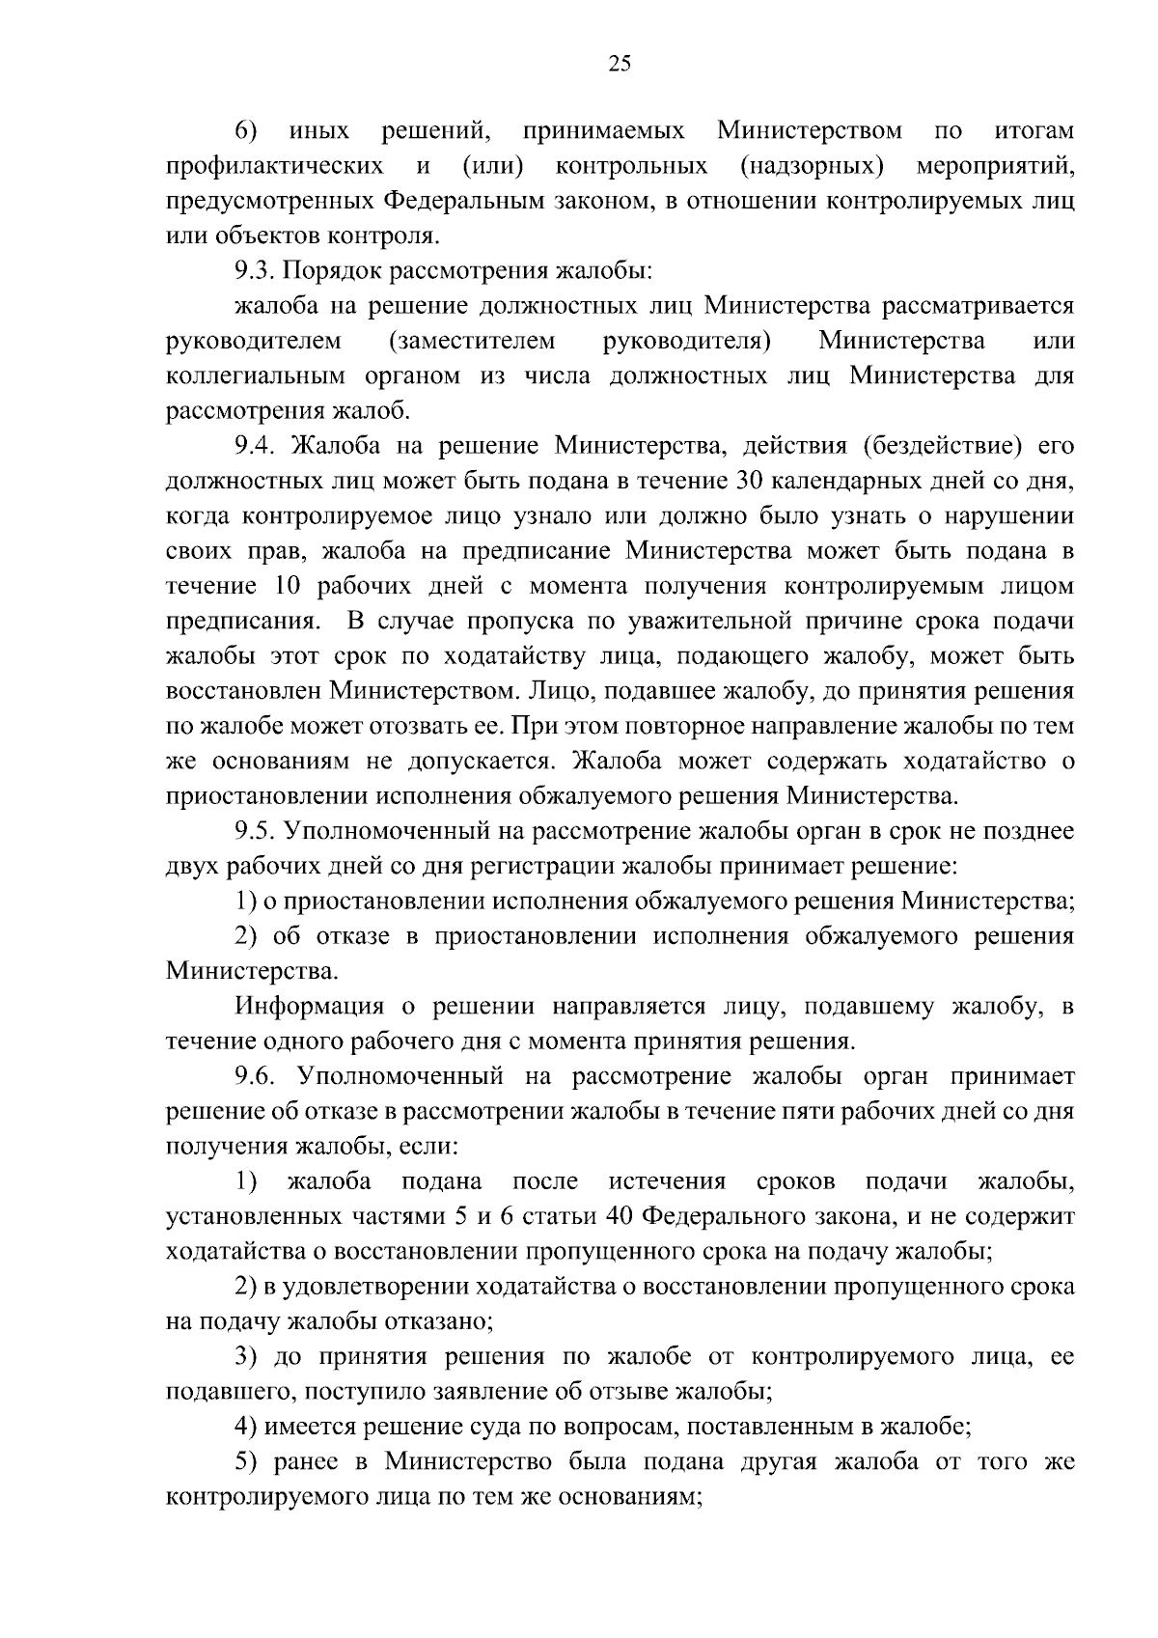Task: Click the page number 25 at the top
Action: pos(620,64)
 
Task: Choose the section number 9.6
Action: pos(255,1076)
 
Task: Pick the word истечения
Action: pos(668,1181)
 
